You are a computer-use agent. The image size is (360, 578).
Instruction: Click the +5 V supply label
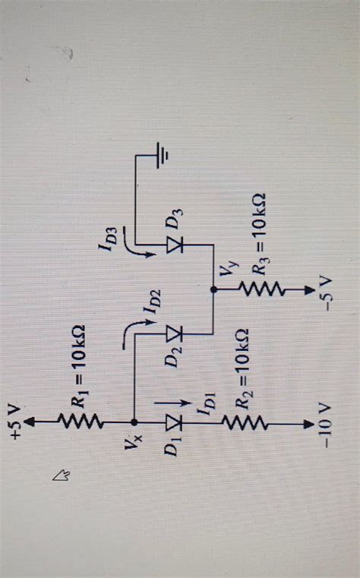click(17, 422)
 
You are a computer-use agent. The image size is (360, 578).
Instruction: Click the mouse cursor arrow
click(62, 476)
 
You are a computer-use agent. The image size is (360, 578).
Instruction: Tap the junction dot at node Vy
click(213, 289)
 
